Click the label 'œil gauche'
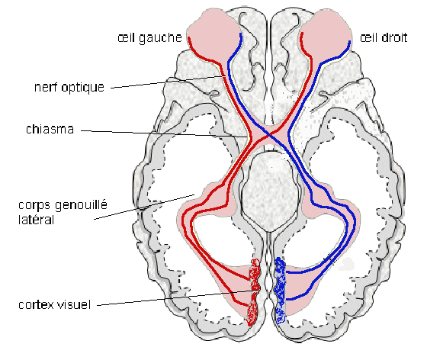(149, 38)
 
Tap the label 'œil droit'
(384, 37)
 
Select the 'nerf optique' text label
(69, 88)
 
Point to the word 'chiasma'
(50, 129)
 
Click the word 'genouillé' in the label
(81, 205)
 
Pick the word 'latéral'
(37, 220)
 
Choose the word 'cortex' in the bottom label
(36, 305)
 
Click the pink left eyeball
(213, 34)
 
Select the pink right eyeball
(326, 34)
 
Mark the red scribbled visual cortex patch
(254, 292)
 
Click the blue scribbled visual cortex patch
(280, 291)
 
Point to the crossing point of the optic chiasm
(268, 134)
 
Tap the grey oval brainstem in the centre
(271, 191)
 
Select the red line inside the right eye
(303, 47)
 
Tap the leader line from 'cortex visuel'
(177, 297)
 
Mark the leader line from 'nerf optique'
(168, 82)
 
